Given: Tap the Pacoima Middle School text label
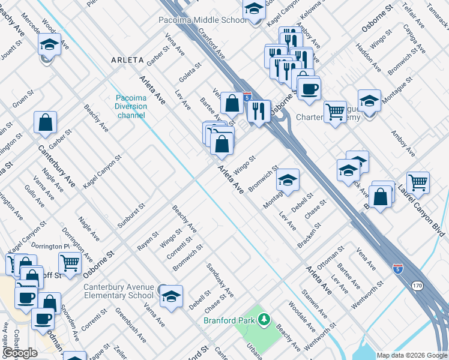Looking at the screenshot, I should tap(202, 20).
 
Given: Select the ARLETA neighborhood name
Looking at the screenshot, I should tap(127, 60).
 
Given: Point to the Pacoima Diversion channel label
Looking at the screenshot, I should tap(131, 106).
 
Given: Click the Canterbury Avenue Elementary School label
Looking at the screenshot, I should tap(118, 291).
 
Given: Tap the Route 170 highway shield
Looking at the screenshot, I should tap(417, 287).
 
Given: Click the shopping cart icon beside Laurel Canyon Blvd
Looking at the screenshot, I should tap(418, 182).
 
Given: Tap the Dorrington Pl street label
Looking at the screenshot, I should tap(50, 247).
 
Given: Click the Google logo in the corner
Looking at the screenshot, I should tap(20, 353).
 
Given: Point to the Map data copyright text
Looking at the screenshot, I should tap(412, 355).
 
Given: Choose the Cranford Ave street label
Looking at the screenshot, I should tap(211, 45).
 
